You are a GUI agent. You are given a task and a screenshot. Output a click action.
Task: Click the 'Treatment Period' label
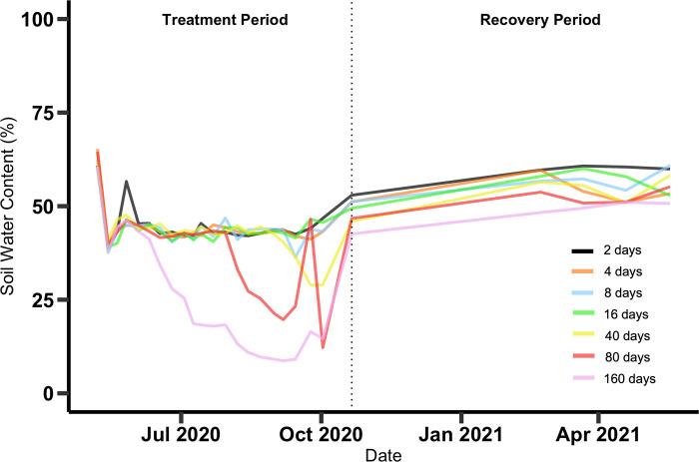[x=225, y=20]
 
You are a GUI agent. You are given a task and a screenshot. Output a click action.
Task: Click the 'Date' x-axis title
[x=376, y=453]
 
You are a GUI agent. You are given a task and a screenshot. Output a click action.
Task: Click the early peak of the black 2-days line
[x=127, y=182]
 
